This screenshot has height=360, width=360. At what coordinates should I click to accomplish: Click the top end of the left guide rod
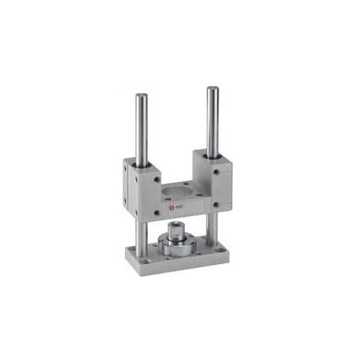pyautogui.click(x=141, y=97)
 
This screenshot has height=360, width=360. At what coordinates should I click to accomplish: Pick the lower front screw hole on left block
pyautogui.click(x=156, y=211)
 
